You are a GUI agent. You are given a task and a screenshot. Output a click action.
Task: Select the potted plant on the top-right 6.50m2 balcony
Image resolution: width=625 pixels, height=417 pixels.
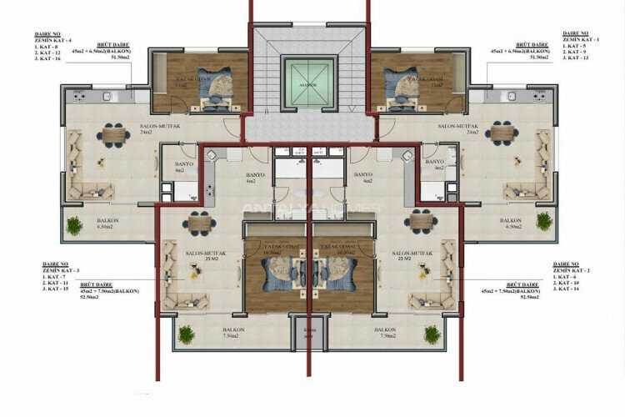coord(544,221)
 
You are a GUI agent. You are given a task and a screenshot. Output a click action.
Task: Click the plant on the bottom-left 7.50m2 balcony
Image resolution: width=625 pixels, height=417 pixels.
coord(187,334)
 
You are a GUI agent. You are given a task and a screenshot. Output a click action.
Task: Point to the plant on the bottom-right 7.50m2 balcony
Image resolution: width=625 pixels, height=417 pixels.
coord(432,334)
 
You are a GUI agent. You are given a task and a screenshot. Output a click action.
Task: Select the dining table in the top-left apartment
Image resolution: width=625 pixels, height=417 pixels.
coord(112,133)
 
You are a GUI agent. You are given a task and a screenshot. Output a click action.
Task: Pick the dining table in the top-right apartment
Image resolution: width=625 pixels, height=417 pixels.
coord(501,133)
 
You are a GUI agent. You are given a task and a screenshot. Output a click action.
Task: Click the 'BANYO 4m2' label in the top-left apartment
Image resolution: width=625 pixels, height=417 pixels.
coord(183,168)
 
